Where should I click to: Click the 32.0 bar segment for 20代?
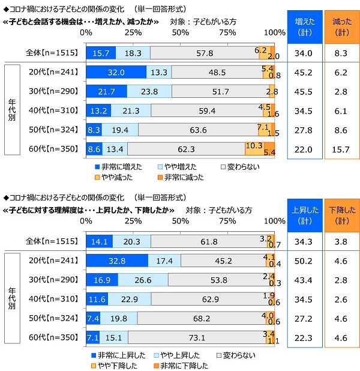(x=116, y=72)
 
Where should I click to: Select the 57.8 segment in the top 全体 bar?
(x=204, y=53)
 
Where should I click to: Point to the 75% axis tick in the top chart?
(x=227, y=32)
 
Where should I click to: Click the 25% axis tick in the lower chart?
(x=133, y=220)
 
